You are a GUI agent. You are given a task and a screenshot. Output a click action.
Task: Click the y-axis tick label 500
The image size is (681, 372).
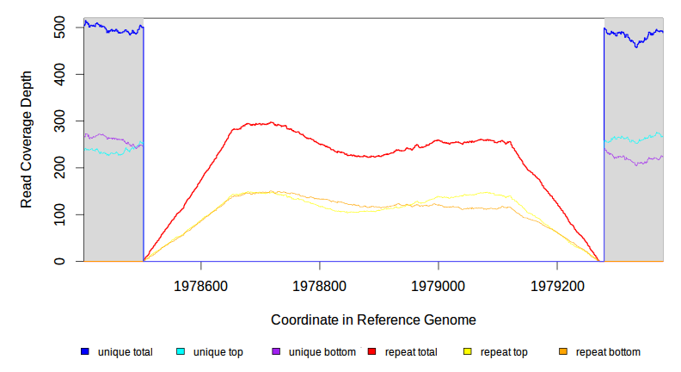(x=58, y=28)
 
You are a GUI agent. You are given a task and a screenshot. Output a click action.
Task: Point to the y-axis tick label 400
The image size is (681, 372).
(x=58, y=74)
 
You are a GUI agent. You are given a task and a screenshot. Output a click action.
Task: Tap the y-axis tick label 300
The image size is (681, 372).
(x=58, y=121)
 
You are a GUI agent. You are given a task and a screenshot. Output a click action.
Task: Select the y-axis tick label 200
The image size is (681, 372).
(x=58, y=168)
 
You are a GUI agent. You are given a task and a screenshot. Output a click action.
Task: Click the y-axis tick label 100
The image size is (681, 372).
(x=58, y=214)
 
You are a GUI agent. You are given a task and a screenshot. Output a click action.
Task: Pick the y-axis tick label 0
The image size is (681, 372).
(x=58, y=261)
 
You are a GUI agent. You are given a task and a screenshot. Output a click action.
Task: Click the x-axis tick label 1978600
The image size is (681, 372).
(x=201, y=283)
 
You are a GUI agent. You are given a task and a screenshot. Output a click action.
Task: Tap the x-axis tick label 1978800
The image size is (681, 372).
(x=320, y=283)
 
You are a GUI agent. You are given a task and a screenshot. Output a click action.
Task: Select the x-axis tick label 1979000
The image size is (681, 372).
(x=439, y=283)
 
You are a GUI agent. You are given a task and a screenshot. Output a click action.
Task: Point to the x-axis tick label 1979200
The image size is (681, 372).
(x=557, y=283)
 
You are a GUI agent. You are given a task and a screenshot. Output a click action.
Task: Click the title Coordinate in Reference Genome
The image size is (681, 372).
(x=373, y=319)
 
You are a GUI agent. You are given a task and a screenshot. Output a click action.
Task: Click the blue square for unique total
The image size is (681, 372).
(x=85, y=352)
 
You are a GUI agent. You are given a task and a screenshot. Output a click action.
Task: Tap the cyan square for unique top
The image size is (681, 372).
(x=181, y=352)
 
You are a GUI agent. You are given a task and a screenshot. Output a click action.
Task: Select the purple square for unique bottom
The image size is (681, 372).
(x=276, y=352)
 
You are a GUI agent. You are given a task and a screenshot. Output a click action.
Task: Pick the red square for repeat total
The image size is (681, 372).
(x=372, y=352)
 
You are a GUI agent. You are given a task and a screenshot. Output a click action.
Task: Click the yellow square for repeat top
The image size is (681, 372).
(x=468, y=352)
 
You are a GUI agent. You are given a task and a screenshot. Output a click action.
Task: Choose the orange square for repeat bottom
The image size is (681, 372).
(x=563, y=352)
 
